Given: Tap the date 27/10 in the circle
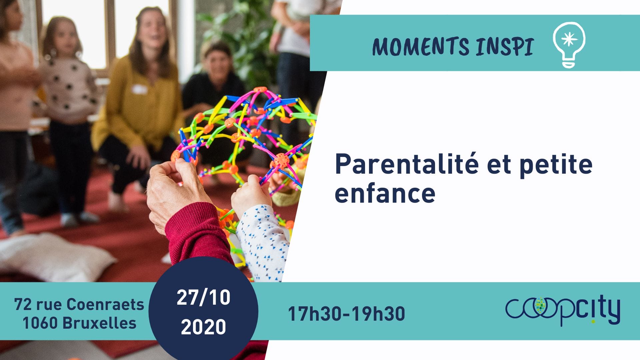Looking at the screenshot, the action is tap(203, 297).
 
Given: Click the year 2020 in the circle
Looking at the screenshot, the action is tap(203, 327).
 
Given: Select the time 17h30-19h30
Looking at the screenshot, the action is tap(346, 314).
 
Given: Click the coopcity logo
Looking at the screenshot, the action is tap(563, 311).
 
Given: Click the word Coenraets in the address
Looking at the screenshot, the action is tap(105, 304).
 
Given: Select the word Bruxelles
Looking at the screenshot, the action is tap(99, 323).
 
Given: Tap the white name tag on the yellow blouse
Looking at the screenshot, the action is tap(140, 89).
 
